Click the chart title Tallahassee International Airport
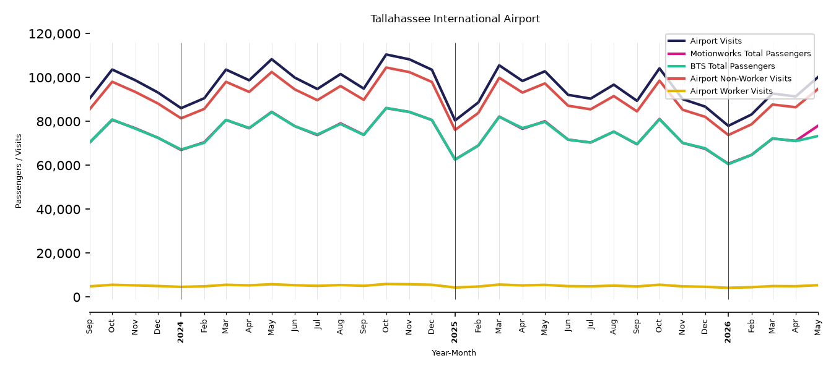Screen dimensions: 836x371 (x=455, y=19)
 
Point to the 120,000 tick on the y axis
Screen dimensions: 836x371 (x=54, y=34)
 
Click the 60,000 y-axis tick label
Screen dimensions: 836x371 (x=58, y=165)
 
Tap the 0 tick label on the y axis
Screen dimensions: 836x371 (x=77, y=297)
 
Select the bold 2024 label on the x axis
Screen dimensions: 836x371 (x=181, y=332)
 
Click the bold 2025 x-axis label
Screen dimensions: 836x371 (x=455, y=332)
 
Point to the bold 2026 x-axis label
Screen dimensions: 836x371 (x=728, y=332)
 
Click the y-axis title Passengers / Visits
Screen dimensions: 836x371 (x=19, y=171)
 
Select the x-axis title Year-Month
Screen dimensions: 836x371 (x=454, y=352)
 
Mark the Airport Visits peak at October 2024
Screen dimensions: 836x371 (x=386, y=54)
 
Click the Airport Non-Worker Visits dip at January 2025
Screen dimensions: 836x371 (x=455, y=130)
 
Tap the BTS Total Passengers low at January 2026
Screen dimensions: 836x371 (x=728, y=164)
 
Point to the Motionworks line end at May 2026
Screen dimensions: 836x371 (x=817, y=126)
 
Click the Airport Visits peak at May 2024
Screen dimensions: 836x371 (x=272, y=59)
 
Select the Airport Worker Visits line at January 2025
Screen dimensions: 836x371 (x=455, y=288)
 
